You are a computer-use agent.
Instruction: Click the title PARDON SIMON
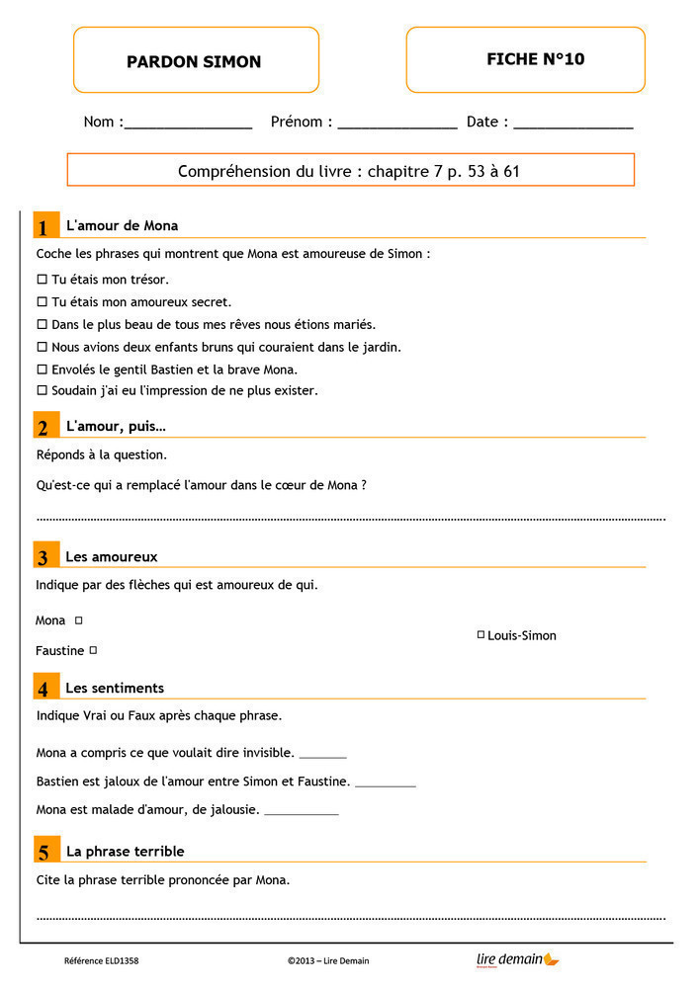[x=194, y=61]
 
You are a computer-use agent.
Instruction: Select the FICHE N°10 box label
[x=535, y=59]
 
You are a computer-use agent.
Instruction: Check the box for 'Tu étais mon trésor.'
[x=42, y=280]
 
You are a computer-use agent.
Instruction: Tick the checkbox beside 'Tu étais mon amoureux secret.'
[x=42, y=302]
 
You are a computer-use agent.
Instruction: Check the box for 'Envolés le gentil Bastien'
[x=42, y=370]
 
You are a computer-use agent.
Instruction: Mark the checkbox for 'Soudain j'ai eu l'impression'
[x=42, y=390]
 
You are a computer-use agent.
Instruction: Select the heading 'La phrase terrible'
[x=125, y=851]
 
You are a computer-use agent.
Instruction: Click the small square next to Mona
[x=79, y=620]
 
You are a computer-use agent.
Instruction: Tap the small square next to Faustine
[x=93, y=650]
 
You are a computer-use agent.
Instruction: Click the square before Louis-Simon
[x=481, y=634]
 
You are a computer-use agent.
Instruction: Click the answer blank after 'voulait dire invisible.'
[x=322, y=754]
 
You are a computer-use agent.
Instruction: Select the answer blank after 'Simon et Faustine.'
[x=385, y=782]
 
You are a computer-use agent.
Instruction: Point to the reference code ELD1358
[x=102, y=960]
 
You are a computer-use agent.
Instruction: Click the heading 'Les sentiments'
[x=115, y=688]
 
